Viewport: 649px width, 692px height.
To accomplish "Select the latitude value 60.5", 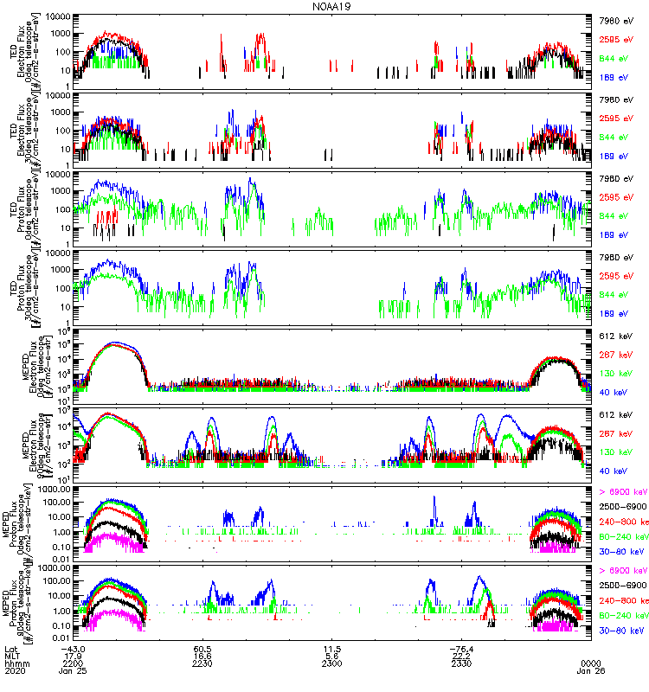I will (203, 648).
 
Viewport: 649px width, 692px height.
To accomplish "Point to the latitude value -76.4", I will (459, 648).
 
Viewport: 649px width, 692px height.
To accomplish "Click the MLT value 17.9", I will (73, 656).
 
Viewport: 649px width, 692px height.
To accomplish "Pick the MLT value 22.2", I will (461, 656).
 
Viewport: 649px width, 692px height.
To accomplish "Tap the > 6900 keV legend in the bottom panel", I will (620, 571).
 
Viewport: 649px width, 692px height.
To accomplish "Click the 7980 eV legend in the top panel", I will (616, 18).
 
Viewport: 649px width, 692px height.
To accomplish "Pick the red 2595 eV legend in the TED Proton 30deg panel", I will (616, 277).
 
